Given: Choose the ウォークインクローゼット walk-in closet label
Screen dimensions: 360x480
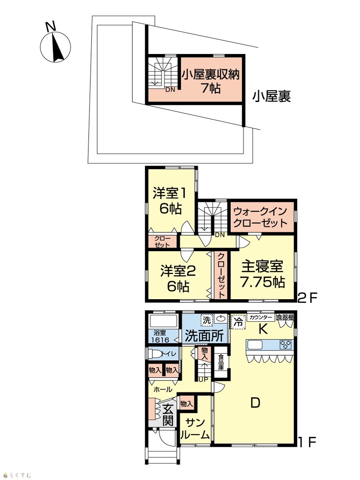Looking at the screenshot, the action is (x=260, y=217).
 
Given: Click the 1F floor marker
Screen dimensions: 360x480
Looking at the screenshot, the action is (x=308, y=442).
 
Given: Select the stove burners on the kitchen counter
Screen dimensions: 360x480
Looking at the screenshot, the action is (x=286, y=345).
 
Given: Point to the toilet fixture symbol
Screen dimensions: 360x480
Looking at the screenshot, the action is (x=156, y=354).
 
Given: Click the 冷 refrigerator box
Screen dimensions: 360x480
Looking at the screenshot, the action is (x=238, y=322).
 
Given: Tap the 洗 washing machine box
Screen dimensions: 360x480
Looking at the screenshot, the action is (x=206, y=320).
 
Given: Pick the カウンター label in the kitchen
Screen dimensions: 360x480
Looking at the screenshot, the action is (x=261, y=317).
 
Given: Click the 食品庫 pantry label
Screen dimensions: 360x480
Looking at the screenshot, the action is (x=221, y=362).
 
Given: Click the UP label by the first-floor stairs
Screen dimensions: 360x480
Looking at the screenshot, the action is (x=204, y=380).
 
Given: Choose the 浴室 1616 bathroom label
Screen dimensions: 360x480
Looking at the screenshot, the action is (x=162, y=336).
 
